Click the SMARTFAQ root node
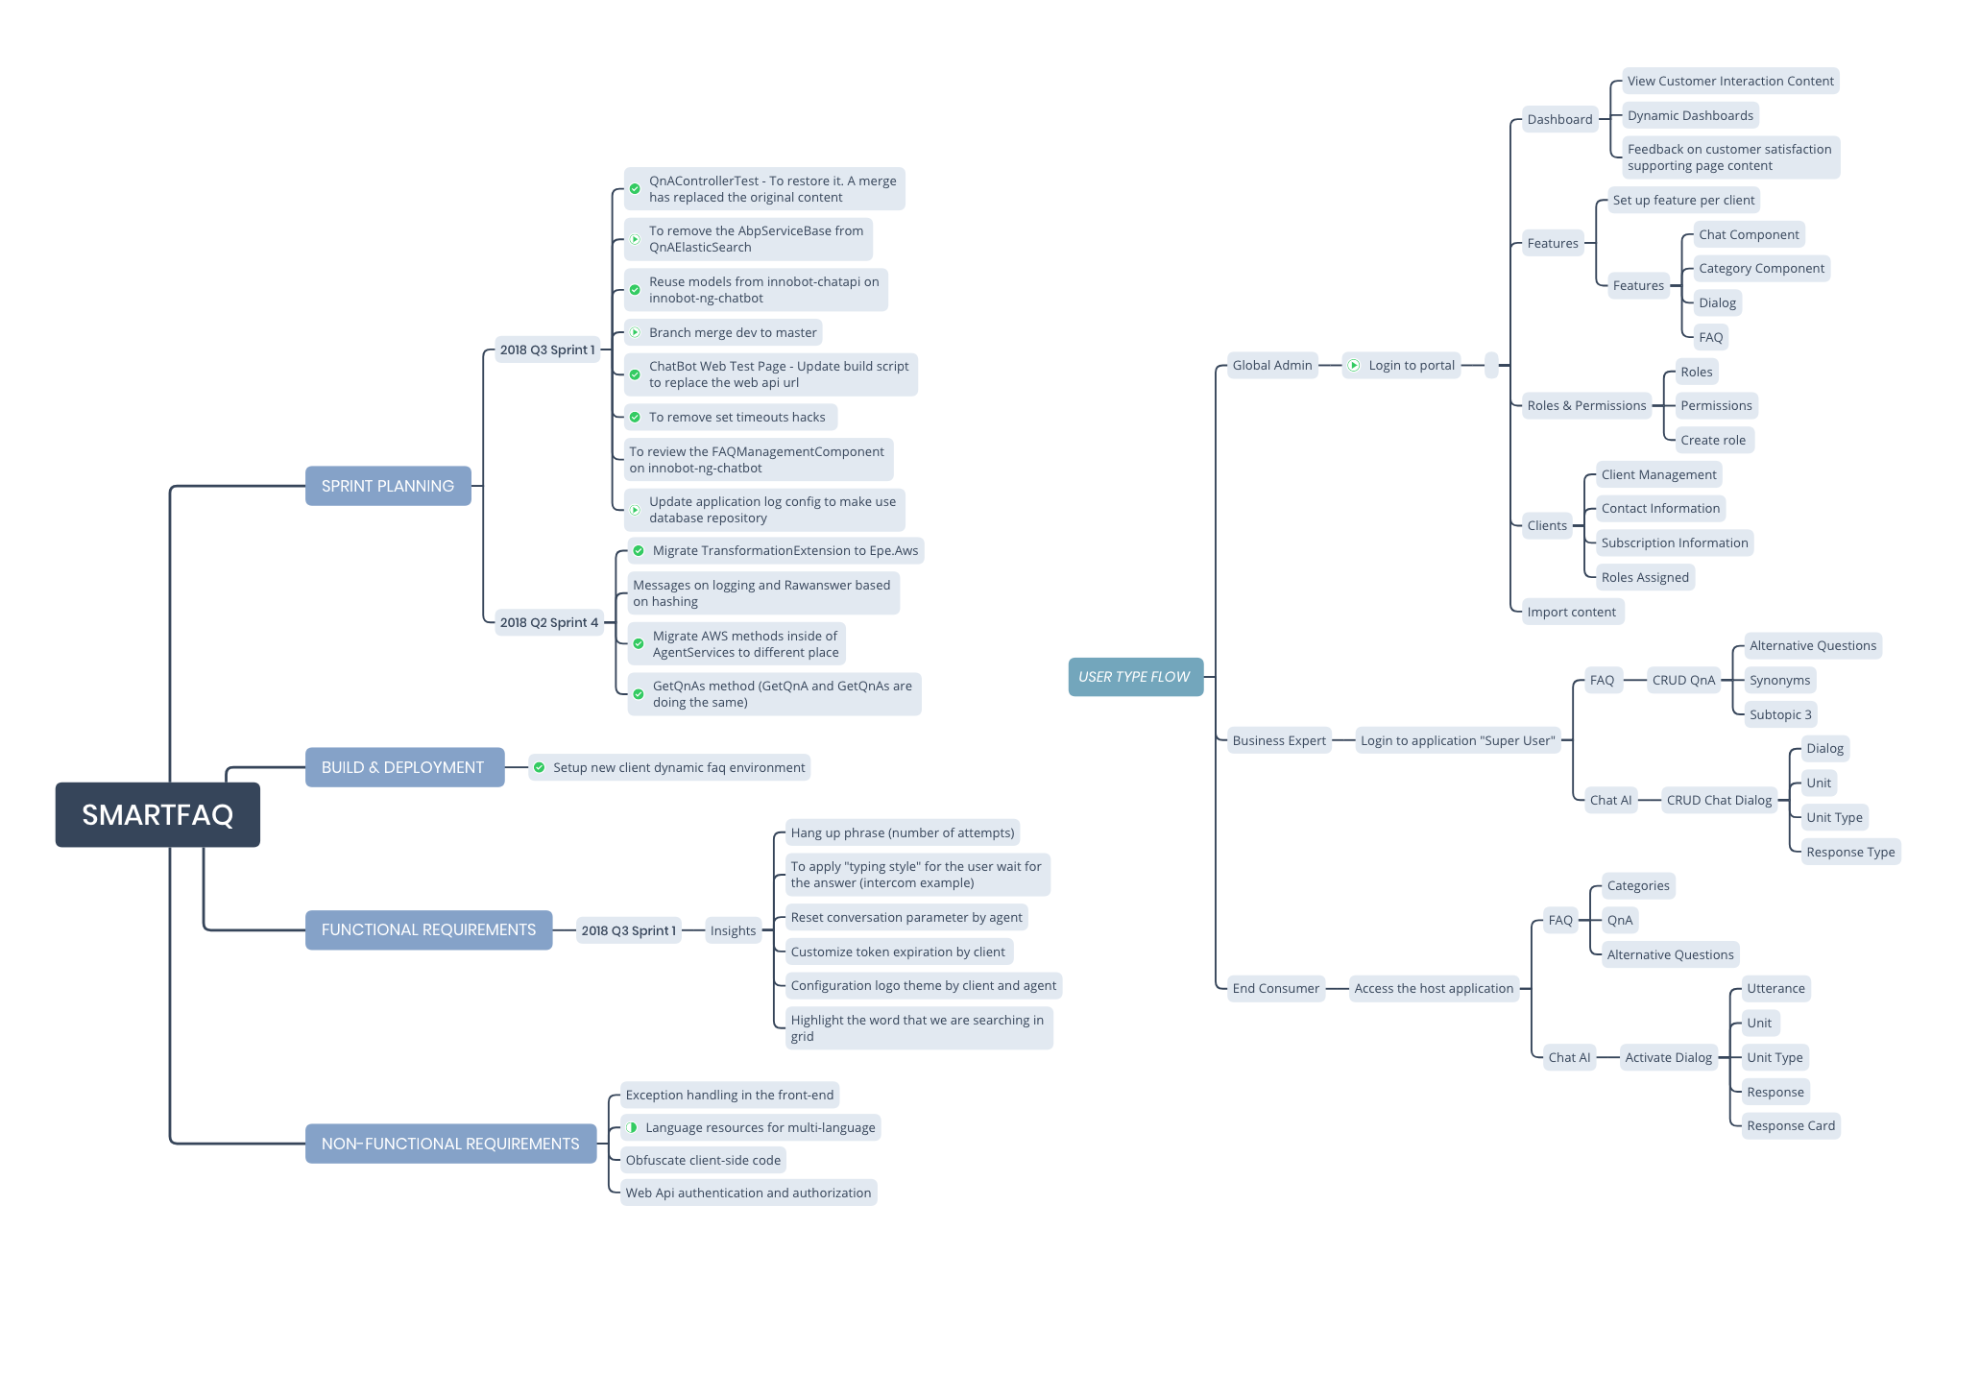157,814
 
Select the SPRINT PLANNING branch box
388,486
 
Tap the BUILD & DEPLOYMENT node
403,767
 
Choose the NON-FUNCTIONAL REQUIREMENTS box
450,1144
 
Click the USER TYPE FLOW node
1134,677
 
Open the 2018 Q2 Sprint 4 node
548,622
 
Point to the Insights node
733,930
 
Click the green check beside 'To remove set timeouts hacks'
635,417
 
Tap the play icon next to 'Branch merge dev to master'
635,332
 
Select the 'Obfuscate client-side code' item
703,1160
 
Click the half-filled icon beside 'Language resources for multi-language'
632,1127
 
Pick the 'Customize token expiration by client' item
898,952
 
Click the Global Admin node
1271,365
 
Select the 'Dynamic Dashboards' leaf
1690,115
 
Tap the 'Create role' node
1713,440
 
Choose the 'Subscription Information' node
1674,542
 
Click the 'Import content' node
1571,612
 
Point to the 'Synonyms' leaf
1779,680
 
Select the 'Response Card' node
1790,1125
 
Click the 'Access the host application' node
1433,988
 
